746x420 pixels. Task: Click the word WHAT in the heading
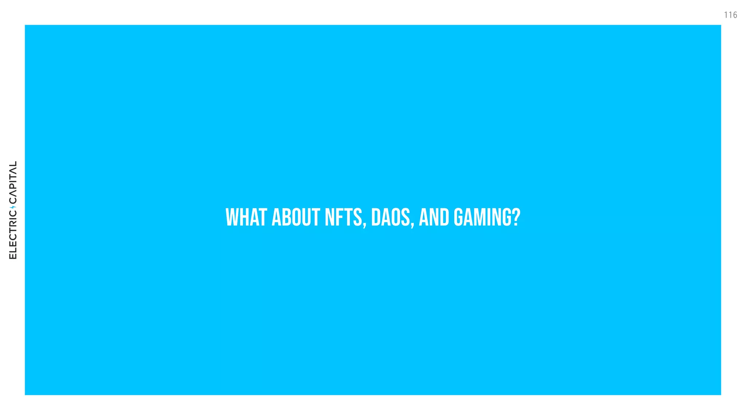(246, 217)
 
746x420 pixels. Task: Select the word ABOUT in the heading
(296, 217)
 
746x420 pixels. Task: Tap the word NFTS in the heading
(343, 217)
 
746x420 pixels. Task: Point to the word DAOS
(390, 217)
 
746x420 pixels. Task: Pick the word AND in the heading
(434, 217)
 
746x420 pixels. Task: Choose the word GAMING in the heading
(480, 217)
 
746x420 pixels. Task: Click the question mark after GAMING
(515, 217)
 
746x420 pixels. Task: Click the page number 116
(730, 15)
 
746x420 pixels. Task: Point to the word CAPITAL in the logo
(13, 182)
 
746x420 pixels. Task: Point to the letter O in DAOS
(395, 217)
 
